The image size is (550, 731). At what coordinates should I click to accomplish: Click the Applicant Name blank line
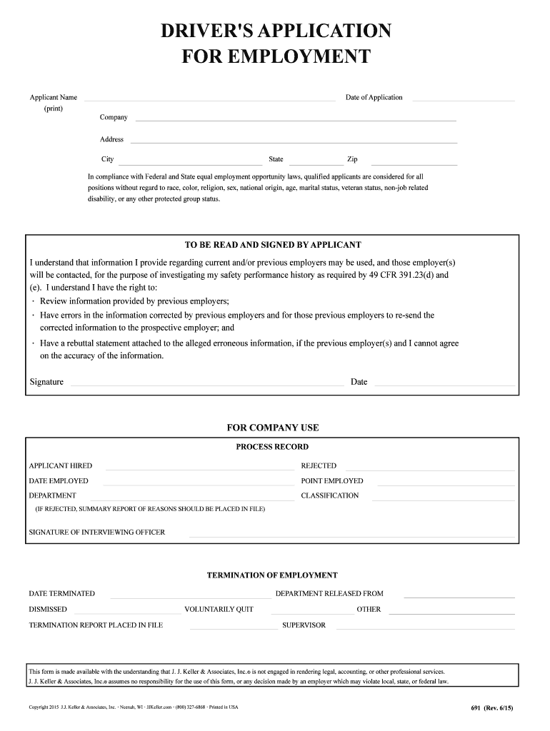pyautogui.click(x=209, y=101)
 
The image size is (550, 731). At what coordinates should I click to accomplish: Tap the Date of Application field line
pyautogui.click(x=463, y=101)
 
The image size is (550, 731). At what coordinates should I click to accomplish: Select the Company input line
pyautogui.click(x=295, y=121)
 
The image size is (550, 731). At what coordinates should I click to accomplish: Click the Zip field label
pyautogui.click(x=352, y=159)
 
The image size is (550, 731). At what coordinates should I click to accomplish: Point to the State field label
pyautogui.click(x=276, y=159)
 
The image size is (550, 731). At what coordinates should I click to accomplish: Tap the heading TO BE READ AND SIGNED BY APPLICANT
pyautogui.click(x=273, y=245)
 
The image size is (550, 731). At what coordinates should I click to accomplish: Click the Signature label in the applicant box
pyautogui.click(x=46, y=382)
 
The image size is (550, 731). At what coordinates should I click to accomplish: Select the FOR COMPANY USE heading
pyautogui.click(x=273, y=428)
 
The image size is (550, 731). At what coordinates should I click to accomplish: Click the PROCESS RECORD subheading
pyautogui.click(x=272, y=447)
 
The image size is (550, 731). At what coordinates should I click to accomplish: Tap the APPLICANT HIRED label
pyautogui.click(x=60, y=466)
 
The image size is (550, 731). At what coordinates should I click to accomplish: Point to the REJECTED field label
pyautogui.click(x=319, y=466)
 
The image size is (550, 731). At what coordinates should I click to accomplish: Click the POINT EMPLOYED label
pyautogui.click(x=332, y=481)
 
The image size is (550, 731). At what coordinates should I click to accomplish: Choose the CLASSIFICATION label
pyautogui.click(x=330, y=495)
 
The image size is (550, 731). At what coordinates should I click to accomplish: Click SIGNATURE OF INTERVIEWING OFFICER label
pyautogui.click(x=96, y=533)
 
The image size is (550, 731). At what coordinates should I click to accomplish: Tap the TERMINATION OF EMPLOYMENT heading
pyautogui.click(x=272, y=575)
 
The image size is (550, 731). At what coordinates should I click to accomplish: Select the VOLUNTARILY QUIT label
pyautogui.click(x=219, y=610)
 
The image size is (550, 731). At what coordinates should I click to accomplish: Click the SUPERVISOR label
pyautogui.click(x=304, y=625)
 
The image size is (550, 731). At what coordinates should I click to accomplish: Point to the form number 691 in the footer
pyautogui.click(x=476, y=707)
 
